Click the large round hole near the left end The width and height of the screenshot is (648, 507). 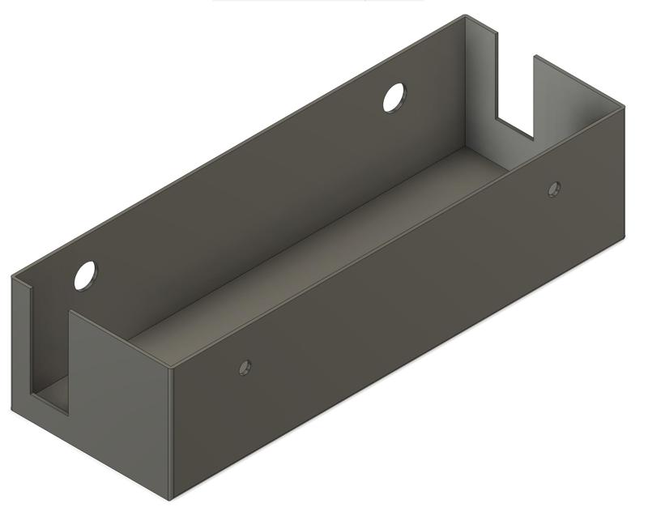[85, 275]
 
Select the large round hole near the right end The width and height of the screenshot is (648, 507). [394, 97]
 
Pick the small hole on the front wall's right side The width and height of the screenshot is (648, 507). [554, 190]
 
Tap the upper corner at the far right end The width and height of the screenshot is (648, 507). [625, 106]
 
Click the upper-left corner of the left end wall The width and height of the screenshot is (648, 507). [13, 277]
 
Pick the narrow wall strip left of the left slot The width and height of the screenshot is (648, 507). [22, 340]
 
